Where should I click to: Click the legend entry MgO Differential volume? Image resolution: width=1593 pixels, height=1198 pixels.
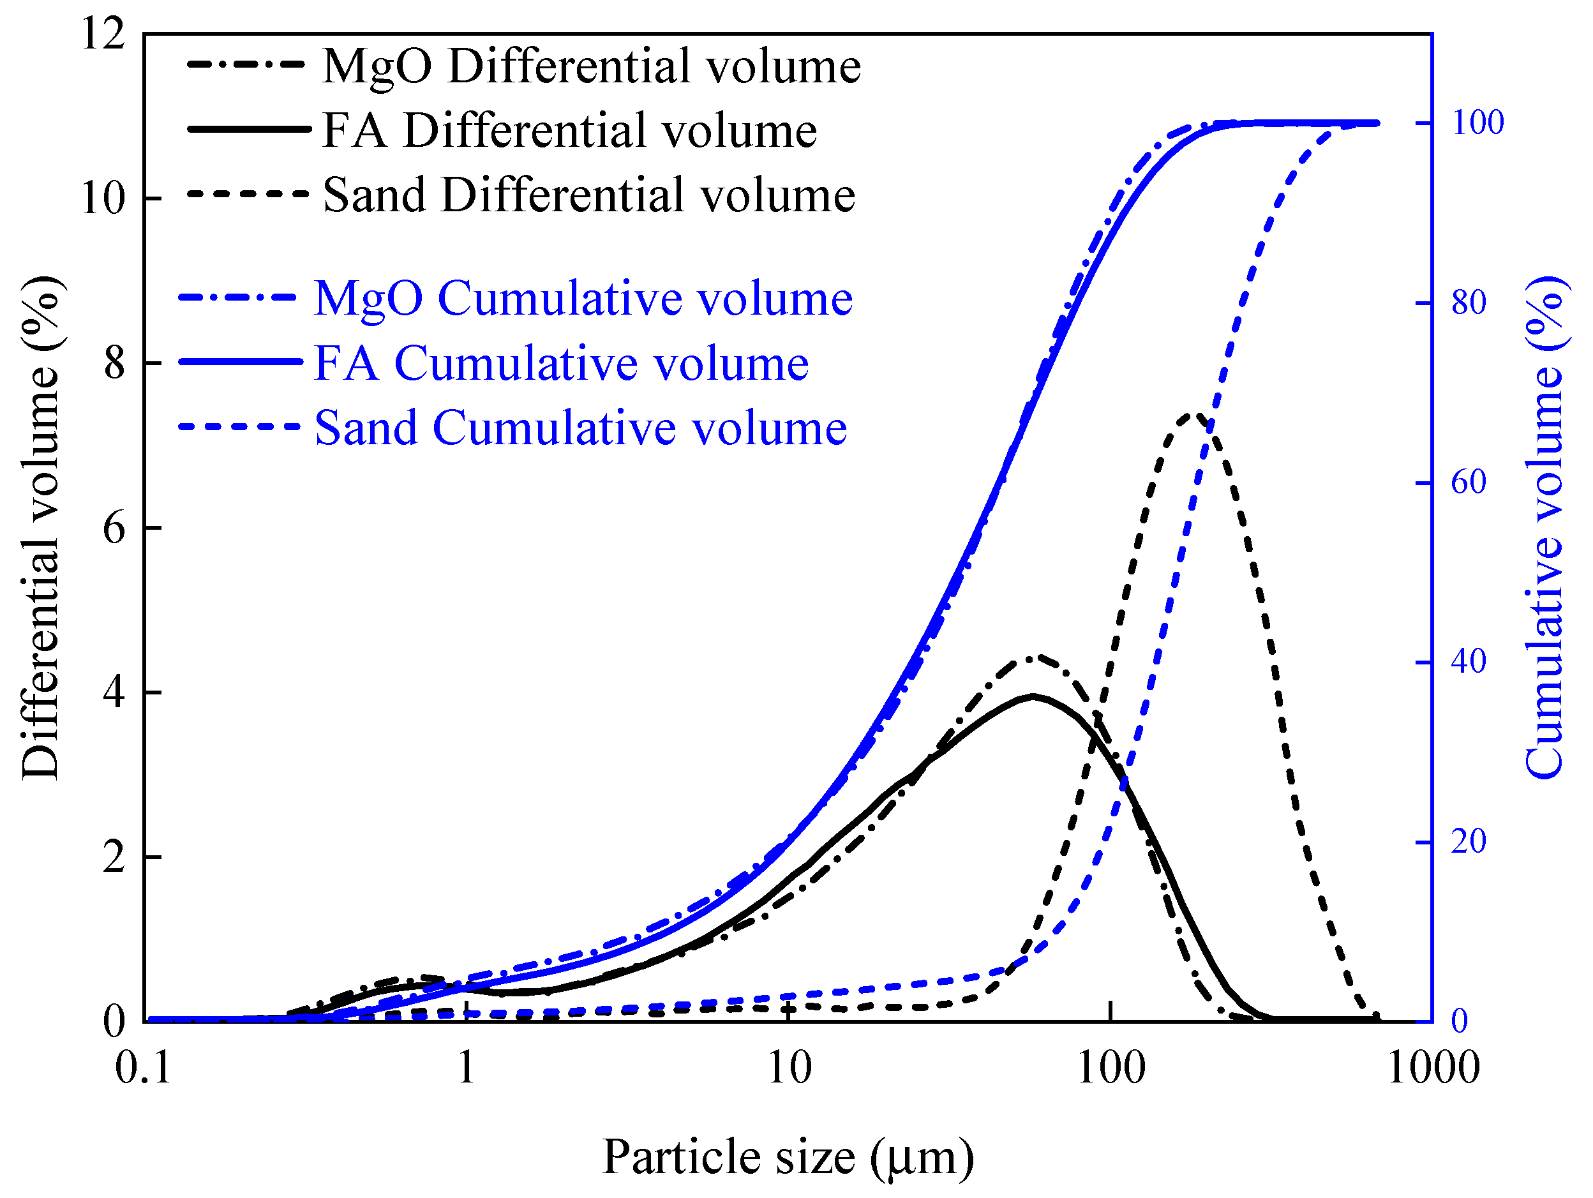(590, 66)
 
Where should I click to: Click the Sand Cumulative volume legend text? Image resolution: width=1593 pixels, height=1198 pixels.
(580, 427)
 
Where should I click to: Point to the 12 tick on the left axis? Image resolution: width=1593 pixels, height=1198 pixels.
(103, 33)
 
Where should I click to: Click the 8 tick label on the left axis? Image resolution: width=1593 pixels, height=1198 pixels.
(114, 363)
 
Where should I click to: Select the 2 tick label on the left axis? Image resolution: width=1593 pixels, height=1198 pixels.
(114, 857)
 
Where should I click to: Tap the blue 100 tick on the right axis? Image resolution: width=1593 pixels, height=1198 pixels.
(1477, 123)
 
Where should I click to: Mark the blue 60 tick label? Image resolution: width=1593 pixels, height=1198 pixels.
(1469, 481)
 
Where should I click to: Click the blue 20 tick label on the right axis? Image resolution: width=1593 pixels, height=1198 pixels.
(1469, 841)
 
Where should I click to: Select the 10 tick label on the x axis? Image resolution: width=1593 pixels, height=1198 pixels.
(789, 1067)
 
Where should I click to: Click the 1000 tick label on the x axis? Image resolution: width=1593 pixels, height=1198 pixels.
(1432, 1067)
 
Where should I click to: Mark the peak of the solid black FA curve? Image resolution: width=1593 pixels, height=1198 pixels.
(1033, 696)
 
